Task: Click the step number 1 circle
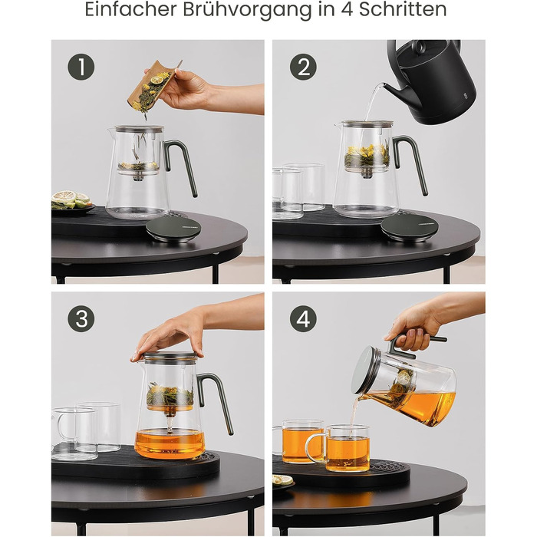81,67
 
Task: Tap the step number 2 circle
304,67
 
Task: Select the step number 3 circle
81,318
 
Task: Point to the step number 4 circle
304,318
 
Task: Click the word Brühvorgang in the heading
247,9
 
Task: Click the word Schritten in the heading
403,9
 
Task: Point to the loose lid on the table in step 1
173,229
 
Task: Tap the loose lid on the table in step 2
409,227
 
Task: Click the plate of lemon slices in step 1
72,203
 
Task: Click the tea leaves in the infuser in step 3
170,395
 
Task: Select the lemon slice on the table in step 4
283,479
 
